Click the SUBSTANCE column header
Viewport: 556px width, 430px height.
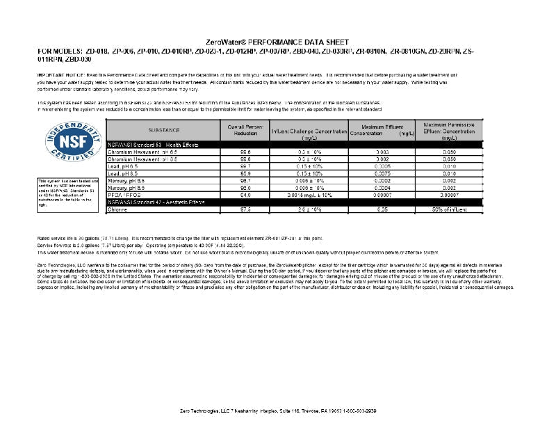click(x=163, y=130)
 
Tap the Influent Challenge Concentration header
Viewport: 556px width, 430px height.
click(x=309, y=132)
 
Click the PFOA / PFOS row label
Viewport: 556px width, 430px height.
click(x=123, y=196)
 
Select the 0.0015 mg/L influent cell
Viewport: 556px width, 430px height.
click(x=310, y=196)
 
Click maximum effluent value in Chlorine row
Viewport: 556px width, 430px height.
click(x=382, y=209)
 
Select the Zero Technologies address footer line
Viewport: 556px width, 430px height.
click(x=277, y=411)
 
